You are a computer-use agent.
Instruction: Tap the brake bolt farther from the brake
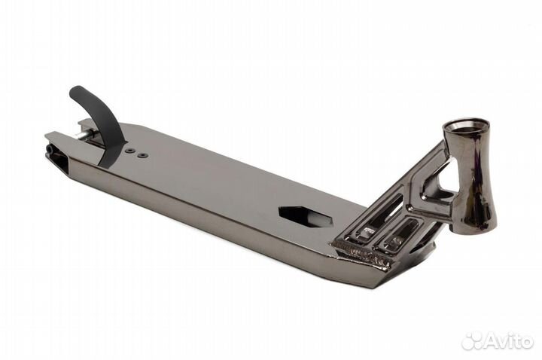[142, 155]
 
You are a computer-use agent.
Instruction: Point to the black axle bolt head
[50, 148]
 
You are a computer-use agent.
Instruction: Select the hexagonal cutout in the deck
[305, 217]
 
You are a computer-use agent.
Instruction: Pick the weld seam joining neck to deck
[361, 255]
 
